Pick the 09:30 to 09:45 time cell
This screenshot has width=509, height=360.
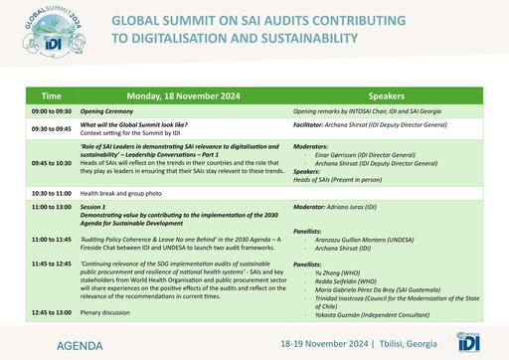(x=51, y=128)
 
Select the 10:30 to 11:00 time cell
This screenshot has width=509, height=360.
(x=51, y=192)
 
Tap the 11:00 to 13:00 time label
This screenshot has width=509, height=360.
(x=51, y=206)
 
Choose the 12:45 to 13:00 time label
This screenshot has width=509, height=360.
(x=51, y=312)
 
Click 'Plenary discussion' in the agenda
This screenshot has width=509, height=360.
(x=139, y=312)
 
